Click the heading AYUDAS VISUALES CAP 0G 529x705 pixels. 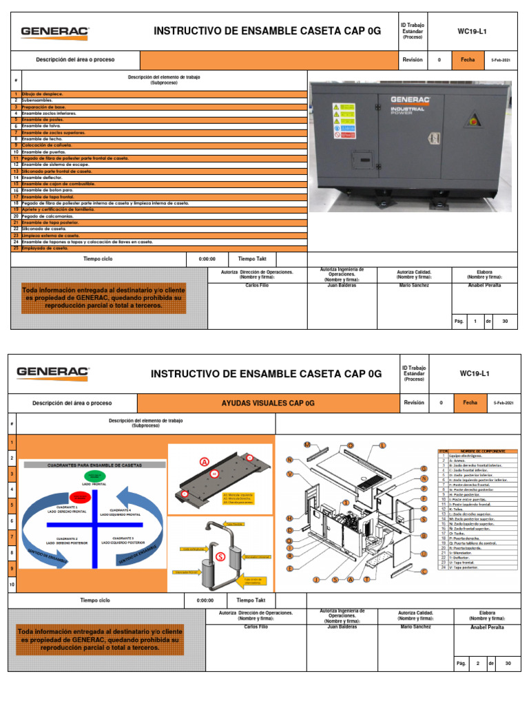pos(269,403)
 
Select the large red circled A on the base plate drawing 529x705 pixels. pos(204,462)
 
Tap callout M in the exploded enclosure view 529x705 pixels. pos(307,445)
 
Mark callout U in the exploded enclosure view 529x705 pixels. pos(424,554)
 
